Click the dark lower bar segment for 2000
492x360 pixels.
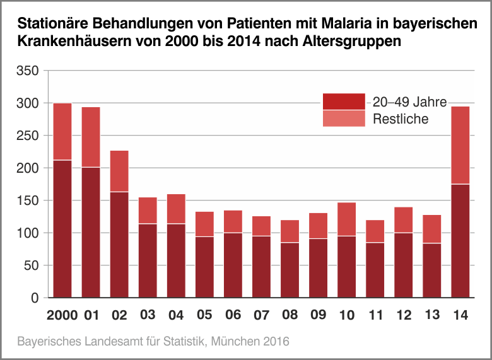click(62, 228)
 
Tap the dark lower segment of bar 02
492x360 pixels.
click(119, 244)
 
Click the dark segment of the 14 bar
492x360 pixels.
click(460, 240)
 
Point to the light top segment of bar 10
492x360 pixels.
click(346, 219)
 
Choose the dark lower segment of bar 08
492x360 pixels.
click(290, 270)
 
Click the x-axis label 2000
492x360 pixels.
click(62, 315)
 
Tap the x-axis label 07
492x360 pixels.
click(261, 315)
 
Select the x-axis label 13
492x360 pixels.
click(432, 315)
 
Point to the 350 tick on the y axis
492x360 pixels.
click(28, 71)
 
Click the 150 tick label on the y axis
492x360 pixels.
click(28, 200)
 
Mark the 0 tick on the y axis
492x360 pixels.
click(35, 298)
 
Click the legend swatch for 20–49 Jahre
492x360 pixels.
click(344, 102)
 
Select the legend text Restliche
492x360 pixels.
click(401, 119)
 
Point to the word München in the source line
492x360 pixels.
click(237, 342)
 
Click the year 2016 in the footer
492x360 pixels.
click(276, 342)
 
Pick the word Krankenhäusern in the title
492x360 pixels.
click(75, 42)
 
